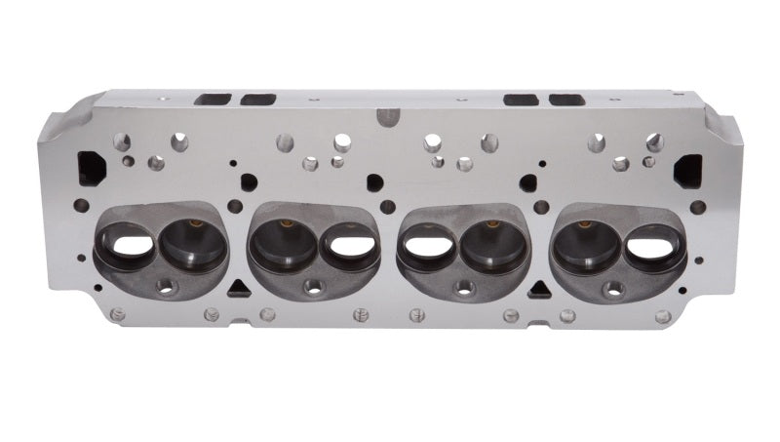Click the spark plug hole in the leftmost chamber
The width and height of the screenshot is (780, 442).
tap(166, 287)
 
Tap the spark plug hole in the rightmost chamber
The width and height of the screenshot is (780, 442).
tap(614, 288)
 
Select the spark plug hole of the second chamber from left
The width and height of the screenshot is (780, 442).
tap(314, 287)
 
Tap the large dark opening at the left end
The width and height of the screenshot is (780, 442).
tap(92, 167)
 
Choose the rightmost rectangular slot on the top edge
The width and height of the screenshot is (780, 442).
tap(566, 100)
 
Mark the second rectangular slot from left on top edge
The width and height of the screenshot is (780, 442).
tap(258, 100)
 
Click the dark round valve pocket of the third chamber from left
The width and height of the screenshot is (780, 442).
tap(492, 246)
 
